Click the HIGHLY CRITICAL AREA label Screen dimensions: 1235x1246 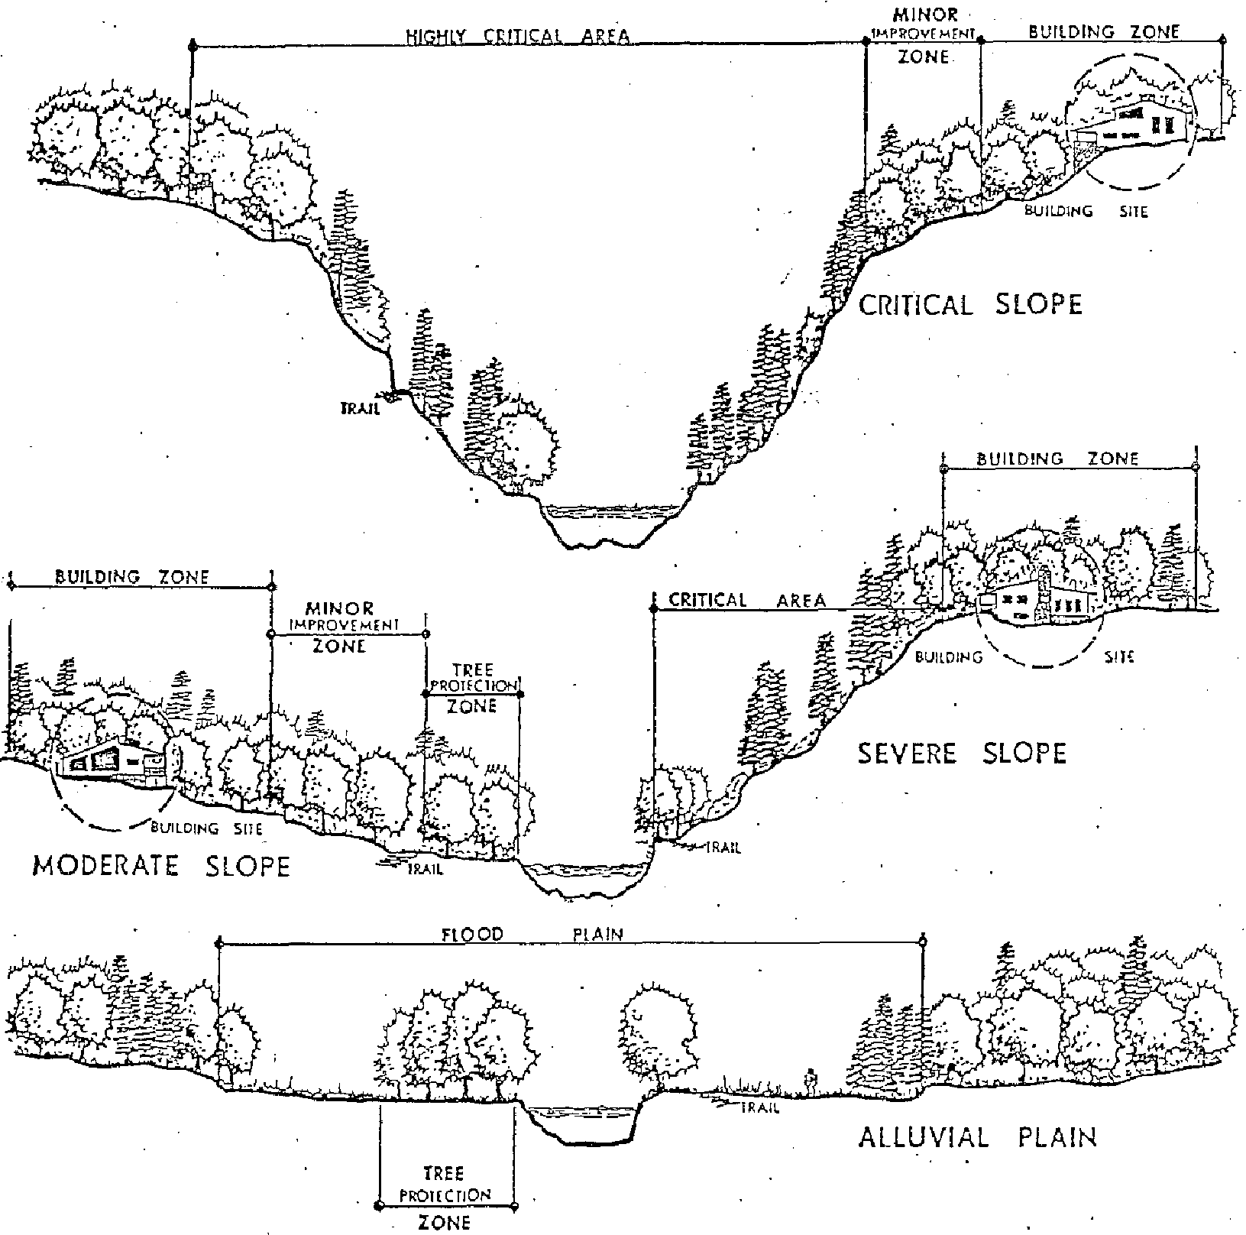pos(518,36)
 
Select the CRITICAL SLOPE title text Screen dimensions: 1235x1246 pos(970,305)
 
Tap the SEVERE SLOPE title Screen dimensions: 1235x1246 pos(961,754)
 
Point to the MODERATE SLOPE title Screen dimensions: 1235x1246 pos(161,866)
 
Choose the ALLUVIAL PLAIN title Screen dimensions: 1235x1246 pos(977,1136)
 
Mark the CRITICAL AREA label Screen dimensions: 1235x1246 pos(747,601)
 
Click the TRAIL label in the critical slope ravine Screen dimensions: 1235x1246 pos(360,409)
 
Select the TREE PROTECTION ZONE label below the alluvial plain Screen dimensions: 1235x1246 pos(445,1195)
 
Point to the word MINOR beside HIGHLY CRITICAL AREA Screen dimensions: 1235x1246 pos(925,16)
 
